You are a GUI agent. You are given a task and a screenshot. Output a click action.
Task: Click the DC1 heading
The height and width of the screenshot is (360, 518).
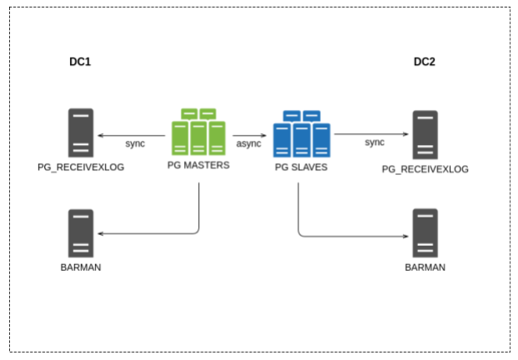(81, 62)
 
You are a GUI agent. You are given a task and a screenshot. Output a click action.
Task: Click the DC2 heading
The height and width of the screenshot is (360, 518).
(426, 62)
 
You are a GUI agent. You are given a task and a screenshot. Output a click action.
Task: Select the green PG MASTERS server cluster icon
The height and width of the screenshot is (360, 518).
(199, 132)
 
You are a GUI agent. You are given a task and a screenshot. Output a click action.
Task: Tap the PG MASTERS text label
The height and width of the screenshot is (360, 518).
(198, 166)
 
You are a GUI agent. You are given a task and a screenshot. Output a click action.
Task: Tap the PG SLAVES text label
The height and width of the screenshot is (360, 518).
(301, 167)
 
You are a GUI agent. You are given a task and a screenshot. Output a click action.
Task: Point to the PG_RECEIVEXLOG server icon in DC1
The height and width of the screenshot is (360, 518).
(81, 133)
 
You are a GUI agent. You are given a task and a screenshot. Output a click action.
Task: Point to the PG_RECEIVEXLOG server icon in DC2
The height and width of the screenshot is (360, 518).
(425, 134)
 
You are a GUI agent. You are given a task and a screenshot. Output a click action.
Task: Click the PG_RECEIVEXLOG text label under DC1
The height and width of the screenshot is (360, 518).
(81, 167)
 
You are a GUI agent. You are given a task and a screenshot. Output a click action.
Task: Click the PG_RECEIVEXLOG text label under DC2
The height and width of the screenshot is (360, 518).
(425, 169)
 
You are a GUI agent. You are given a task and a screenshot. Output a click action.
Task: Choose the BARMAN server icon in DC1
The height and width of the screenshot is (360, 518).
(81, 233)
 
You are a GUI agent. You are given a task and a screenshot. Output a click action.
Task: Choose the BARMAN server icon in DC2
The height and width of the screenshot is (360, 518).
(425, 233)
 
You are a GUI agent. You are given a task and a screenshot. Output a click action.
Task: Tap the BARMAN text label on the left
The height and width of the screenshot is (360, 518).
(81, 267)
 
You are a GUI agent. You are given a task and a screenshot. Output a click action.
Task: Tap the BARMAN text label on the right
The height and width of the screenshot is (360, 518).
(425, 267)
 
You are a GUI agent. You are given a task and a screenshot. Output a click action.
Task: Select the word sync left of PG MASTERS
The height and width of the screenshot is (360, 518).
(135, 143)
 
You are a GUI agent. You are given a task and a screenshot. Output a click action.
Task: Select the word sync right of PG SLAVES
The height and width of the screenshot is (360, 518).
(375, 142)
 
